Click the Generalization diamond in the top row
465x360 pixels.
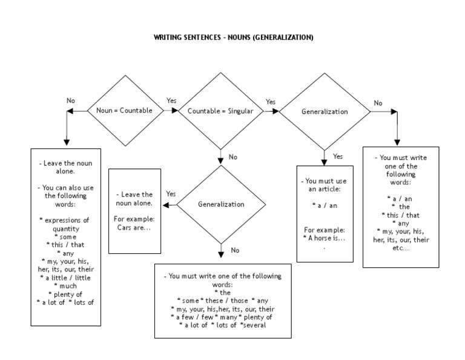pos(325,112)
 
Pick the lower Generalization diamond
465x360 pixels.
pos(221,204)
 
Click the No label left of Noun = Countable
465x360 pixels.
pos(71,100)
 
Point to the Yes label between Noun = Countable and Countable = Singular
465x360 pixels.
pos(171,100)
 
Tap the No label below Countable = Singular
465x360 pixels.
pos(232,157)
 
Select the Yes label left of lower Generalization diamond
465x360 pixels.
pos(171,194)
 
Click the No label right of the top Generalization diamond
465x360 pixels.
pos(378,103)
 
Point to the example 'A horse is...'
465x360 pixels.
pos(325,238)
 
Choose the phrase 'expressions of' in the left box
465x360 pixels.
pos(65,221)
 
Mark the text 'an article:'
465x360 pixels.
pos(325,189)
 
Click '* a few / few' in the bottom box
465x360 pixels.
pos(190,317)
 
